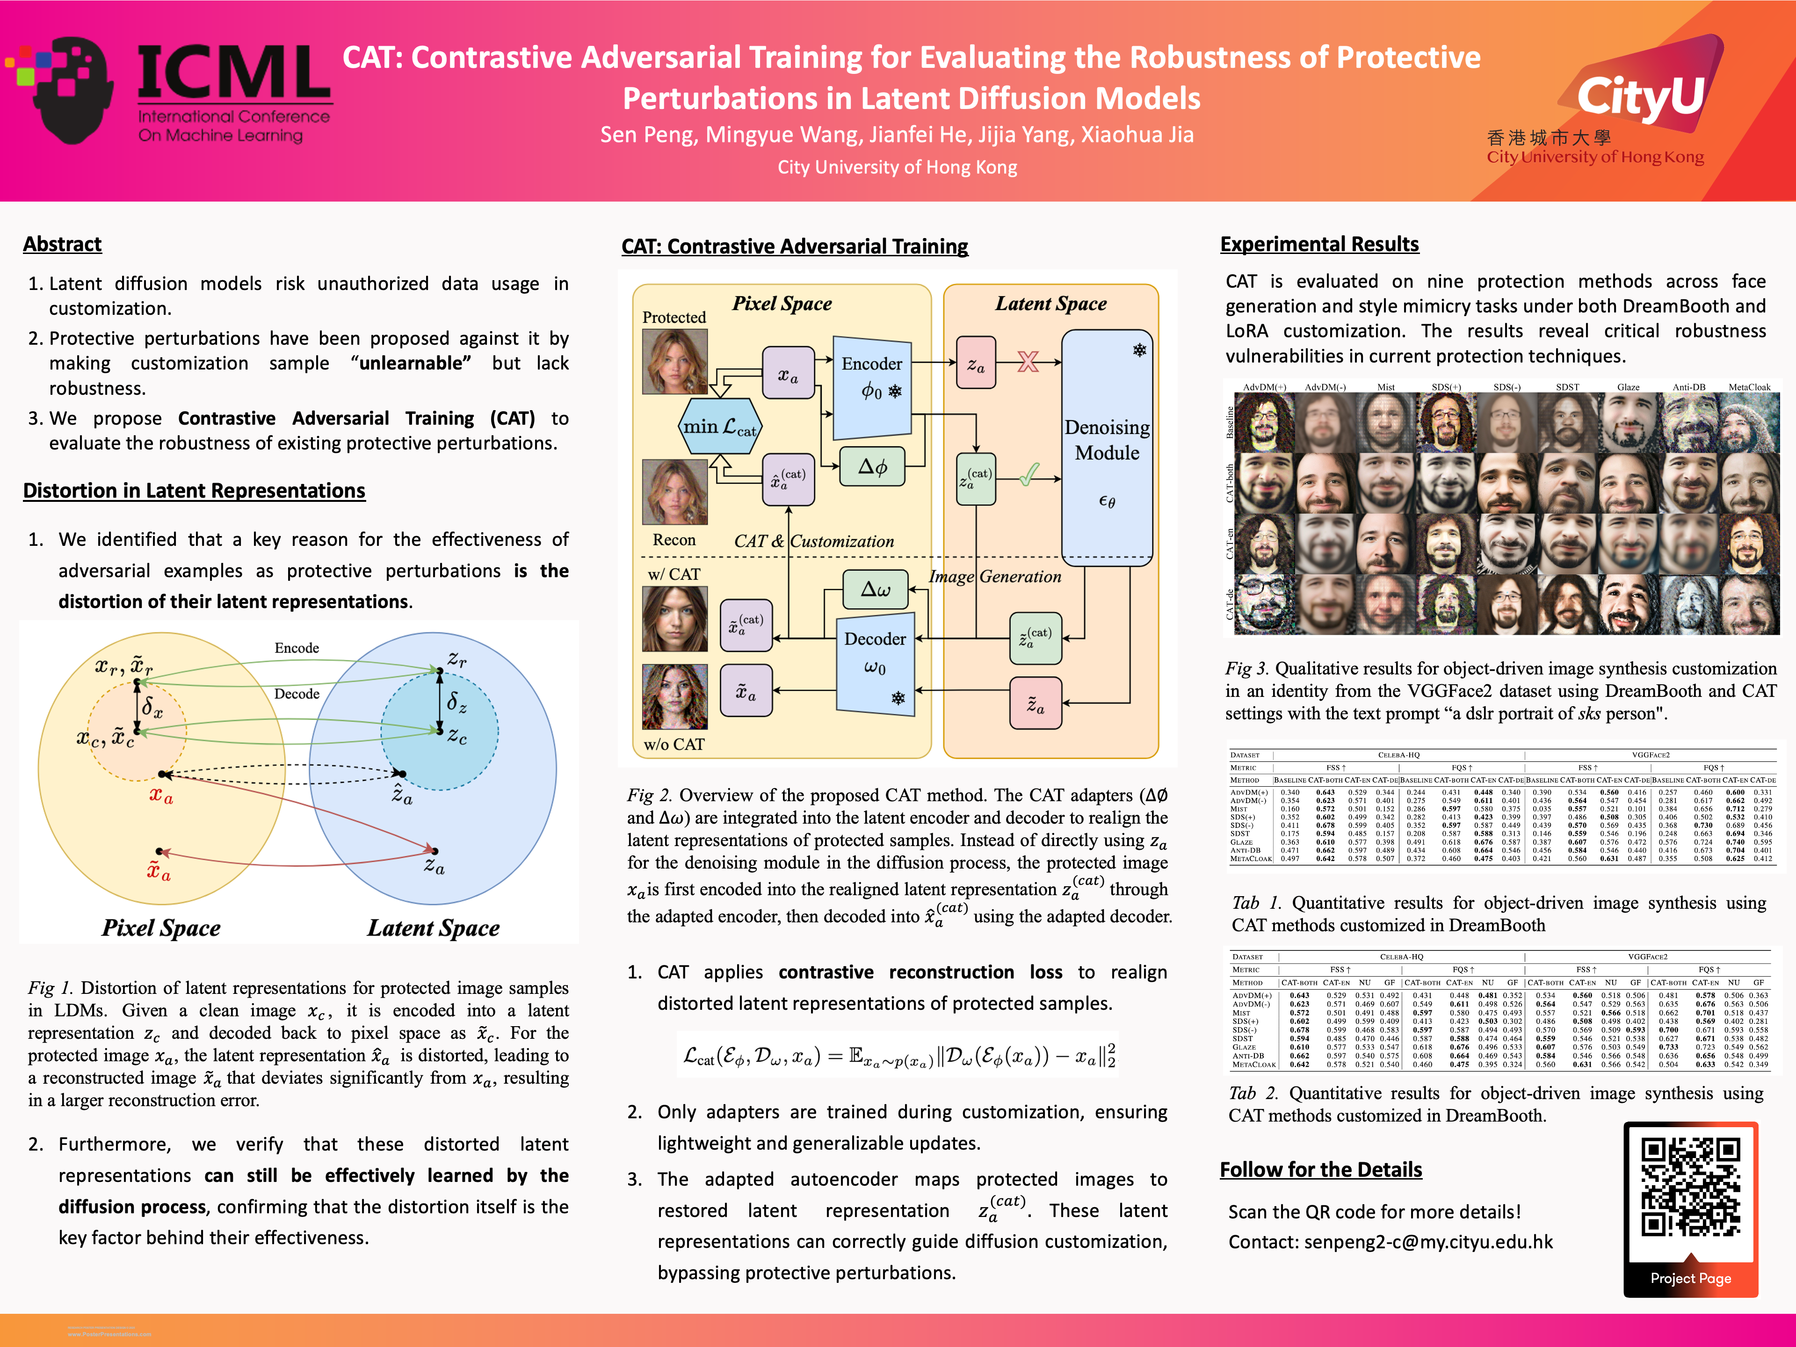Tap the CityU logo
tap(1640, 97)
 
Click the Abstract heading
tap(63, 245)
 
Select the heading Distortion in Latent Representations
tap(194, 491)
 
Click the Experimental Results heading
tap(1319, 245)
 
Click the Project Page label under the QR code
tap(1690, 1278)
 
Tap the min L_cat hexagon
tap(719, 426)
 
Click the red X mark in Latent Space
tap(1028, 362)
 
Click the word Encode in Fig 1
tap(297, 648)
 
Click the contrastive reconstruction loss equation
tap(897, 1056)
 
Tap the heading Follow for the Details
tap(1320, 1170)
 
